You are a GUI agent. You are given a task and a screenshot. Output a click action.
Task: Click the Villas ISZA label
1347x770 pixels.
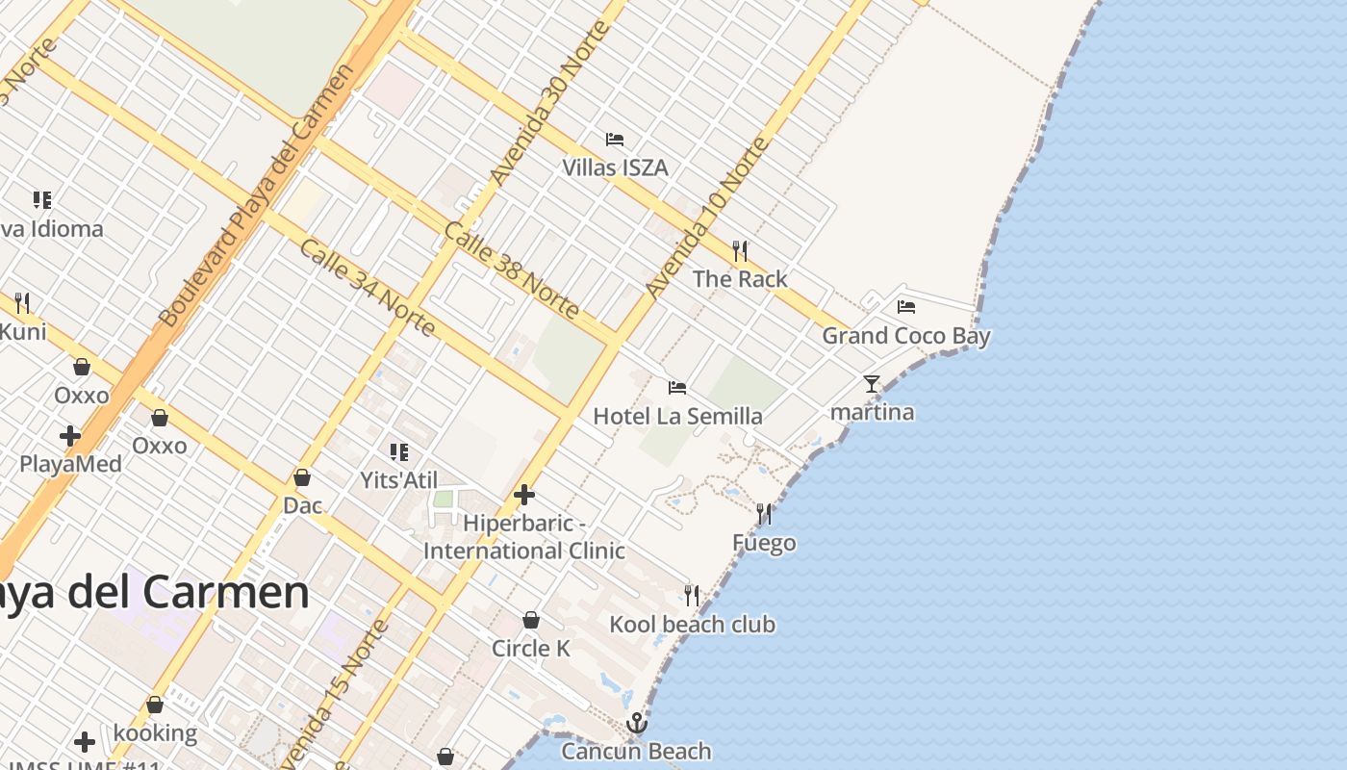coord(615,167)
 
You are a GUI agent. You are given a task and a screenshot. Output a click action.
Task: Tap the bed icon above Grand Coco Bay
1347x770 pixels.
coord(905,307)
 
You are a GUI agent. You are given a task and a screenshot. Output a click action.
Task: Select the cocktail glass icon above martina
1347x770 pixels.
coord(872,384)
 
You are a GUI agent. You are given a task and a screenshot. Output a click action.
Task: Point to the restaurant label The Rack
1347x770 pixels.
coord(740,279)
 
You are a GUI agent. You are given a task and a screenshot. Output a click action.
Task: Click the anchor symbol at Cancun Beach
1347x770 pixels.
coord(636,723)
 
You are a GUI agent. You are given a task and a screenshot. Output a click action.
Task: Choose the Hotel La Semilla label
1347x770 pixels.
coord(677,416)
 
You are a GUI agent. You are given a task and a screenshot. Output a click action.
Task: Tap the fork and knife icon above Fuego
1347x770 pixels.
coord(764,514)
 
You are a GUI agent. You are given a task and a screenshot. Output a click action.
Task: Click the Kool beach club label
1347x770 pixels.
coord(692,625)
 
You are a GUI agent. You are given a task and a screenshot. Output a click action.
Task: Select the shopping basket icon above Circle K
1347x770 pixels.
coord(530,620)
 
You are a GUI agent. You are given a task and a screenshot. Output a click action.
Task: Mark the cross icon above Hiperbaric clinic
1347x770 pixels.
coord(524,495)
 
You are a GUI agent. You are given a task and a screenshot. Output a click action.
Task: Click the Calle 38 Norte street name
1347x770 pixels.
coord(512,270)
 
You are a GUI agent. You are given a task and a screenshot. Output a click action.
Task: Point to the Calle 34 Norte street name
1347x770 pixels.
coord(368,288)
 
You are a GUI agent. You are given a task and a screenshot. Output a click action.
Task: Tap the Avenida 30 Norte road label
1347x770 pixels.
coord(549,102)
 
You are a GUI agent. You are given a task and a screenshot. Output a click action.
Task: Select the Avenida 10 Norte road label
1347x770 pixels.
coord(708,218)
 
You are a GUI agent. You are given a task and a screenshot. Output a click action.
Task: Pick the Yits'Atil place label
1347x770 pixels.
coord(398,480)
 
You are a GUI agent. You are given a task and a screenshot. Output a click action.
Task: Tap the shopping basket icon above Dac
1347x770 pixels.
coord(302,477)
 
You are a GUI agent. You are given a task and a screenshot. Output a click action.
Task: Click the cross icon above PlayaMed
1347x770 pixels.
coord(70,436)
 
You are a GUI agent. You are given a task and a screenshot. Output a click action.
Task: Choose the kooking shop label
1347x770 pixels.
coord(155,733)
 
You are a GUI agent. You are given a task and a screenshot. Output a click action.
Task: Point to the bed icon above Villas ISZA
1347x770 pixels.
coord(615,140)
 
